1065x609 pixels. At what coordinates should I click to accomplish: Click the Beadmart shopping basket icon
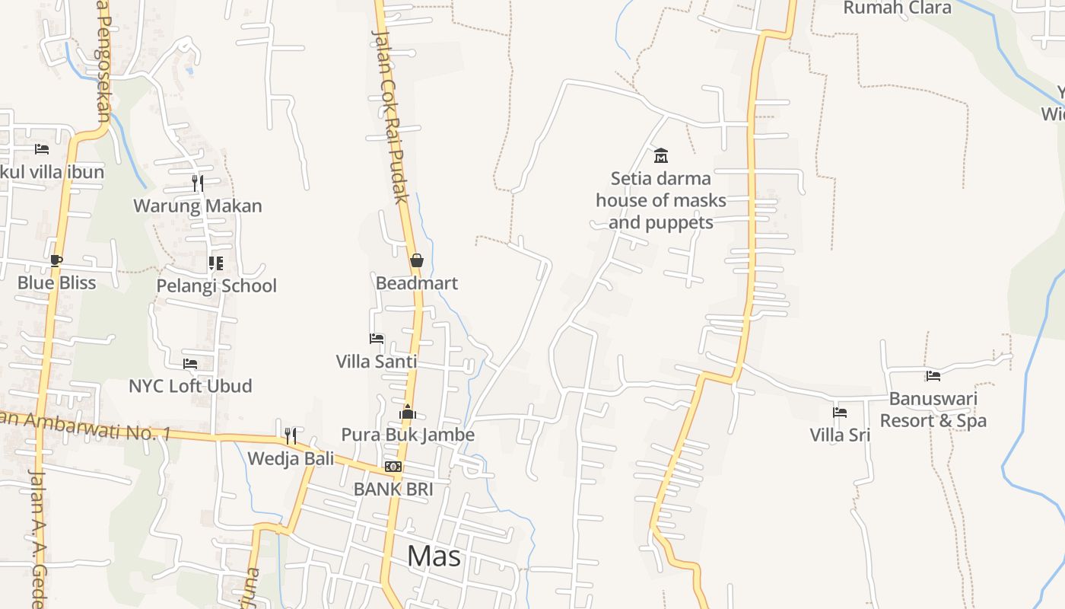[416, 260]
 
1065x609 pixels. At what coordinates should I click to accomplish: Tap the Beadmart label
[417, 283]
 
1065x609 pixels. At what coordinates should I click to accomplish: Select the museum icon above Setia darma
[661, 156]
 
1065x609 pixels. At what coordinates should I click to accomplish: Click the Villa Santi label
[377, 361]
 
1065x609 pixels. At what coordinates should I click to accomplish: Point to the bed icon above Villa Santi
[377, 338]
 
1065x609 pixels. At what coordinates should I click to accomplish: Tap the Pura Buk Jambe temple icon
[408, 412]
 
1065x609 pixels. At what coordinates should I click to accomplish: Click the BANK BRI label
[393, 489]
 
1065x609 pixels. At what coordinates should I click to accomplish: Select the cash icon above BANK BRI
[393, 466]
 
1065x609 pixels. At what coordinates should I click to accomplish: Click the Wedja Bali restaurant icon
[291, 436]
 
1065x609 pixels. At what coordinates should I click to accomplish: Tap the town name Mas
[434, 556]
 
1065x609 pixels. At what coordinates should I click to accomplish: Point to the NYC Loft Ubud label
[190, 386]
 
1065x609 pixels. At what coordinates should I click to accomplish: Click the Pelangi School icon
[216, 263]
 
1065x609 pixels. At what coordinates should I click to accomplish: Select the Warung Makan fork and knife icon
[198, 183]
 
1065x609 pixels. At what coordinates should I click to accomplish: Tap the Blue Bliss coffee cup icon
[56, 260]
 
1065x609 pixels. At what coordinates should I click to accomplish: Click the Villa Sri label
[840, 435]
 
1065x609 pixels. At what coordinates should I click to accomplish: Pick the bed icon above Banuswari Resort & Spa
[933, 375]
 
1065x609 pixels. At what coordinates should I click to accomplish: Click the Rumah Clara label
[898, 8]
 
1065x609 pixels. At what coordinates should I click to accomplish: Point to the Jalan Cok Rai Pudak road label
[390, 114]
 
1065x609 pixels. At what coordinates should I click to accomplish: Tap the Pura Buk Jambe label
[408, 435]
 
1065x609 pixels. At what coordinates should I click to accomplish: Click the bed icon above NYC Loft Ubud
[190, 364]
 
